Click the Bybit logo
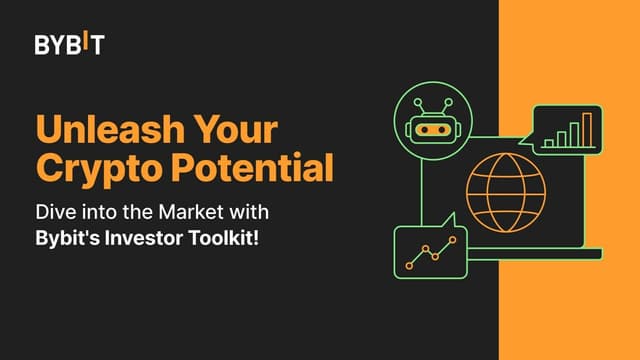click(69, 45)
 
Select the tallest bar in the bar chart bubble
click(588, 129)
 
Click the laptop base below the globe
click(530, 255)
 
